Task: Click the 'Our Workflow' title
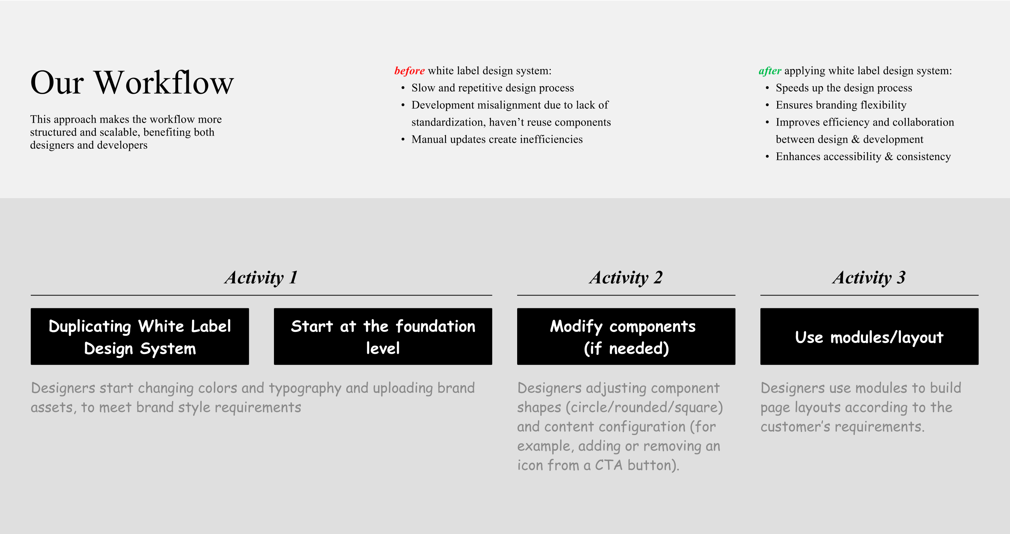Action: [x=132, y=83]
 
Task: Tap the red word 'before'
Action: [x=410, y=70]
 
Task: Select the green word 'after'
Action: [x=770, y=70]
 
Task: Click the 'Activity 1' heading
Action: [x=261, y=278]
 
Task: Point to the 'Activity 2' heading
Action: [x=626, y=278]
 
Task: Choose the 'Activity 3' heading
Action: [x=869, y=278]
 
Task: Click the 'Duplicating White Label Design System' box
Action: [x=140, y=337]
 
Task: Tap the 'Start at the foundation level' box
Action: [x=383, y=337]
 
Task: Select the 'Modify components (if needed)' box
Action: [x=626, y=337]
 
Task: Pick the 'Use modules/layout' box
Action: [x=869, y=337]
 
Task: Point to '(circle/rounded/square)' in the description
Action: [x=644, y=407]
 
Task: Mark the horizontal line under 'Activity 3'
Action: [x=869, y=295]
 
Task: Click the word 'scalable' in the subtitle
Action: [x=119, y=132]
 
